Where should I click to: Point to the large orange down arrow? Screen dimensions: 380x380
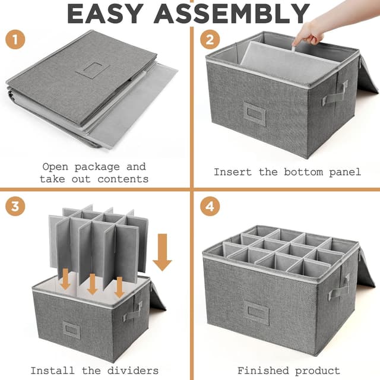pyautogui.click(x=162, y=252)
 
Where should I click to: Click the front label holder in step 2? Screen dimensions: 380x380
pyautogui.click(x=254, y=113)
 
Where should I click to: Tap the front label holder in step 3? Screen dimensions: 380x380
pyautogui.click(x=72, y=330)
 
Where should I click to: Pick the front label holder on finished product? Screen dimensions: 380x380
pyautogui.click(x=256, y=312)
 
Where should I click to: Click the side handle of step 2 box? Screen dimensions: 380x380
pyautogui.click(x=335, y=93)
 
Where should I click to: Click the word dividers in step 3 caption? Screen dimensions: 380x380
pyautogui.click(x=134, y=370)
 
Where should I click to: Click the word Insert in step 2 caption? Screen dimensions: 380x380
pyautogui.click(x=233, y=172)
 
